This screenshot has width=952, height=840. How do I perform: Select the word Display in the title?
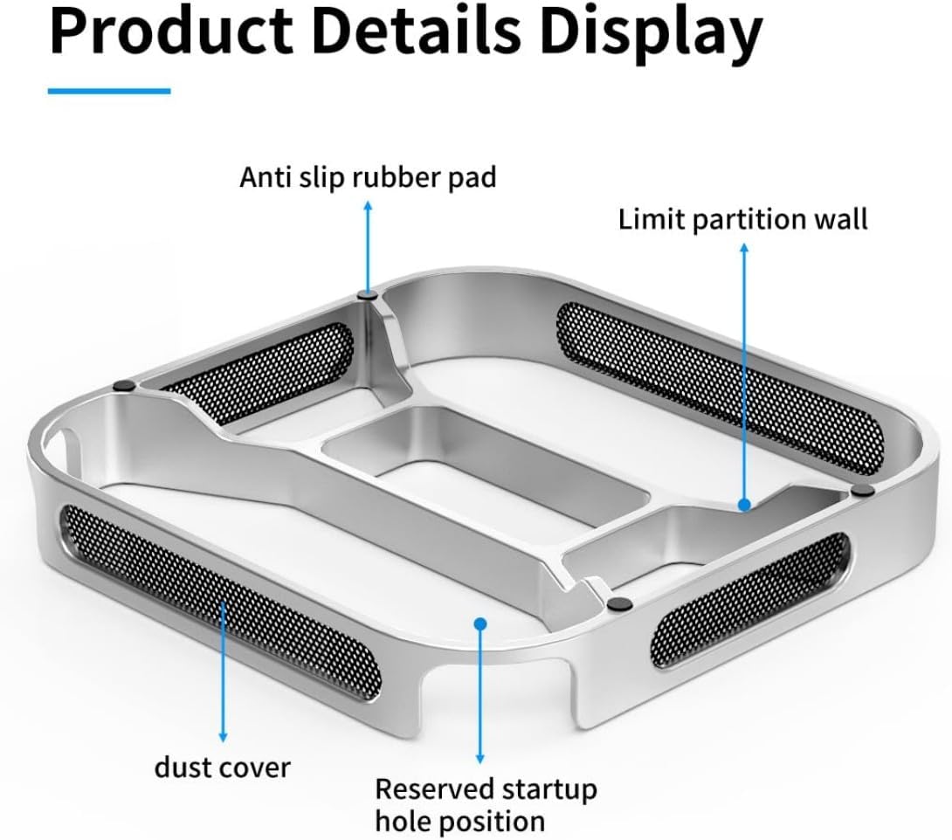click(651, 38)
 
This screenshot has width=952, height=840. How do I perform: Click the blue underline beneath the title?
click(109, 91)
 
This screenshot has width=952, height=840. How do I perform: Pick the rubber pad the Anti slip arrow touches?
click(368, 296)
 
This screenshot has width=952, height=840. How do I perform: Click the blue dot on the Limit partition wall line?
click(744, 505)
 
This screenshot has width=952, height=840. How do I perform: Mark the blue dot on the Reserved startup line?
click(480, 623)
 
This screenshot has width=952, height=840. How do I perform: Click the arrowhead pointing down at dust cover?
click(223, 737)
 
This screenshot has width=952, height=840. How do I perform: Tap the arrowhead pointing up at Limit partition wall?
click(744, 248)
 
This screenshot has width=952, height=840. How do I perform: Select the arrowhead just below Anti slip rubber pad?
click(368, 206)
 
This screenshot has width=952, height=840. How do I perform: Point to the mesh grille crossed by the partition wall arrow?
click(720, 389)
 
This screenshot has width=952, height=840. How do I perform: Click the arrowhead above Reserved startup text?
click(480, 759)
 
